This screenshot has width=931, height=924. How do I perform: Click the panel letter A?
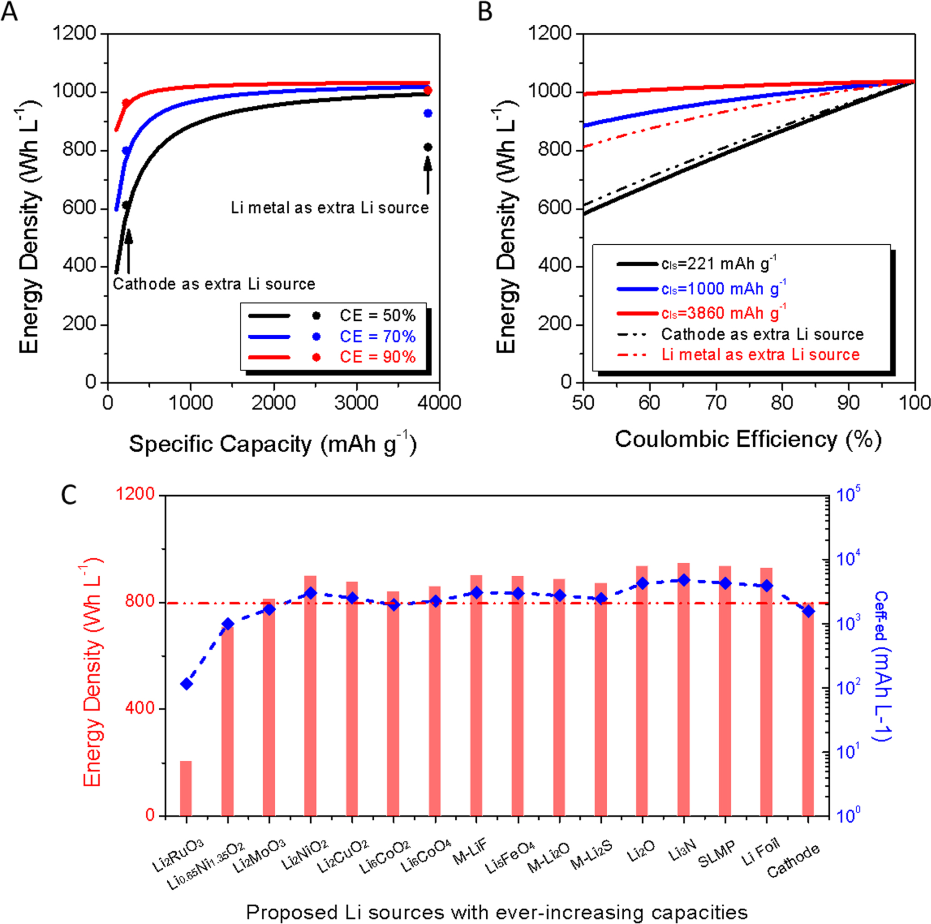point(9,12)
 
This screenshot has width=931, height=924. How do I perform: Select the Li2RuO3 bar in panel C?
point(186,788)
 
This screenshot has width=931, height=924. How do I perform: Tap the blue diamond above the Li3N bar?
point(683,580)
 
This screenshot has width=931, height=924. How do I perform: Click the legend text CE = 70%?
point(377,336)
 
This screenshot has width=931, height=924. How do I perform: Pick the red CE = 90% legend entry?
point(377,357)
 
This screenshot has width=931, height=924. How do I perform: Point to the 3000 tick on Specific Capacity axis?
point(357,403)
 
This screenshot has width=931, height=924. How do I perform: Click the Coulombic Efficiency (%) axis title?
point(748,440)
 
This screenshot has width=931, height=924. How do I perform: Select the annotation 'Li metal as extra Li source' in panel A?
point(330,208)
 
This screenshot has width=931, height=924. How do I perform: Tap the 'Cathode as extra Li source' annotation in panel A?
point(214,284)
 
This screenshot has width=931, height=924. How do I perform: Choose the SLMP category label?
point(717,854)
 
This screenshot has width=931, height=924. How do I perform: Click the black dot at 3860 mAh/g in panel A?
point(428,147)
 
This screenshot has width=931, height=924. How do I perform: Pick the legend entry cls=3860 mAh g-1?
point(723,313)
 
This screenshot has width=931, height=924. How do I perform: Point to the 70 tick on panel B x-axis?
point(716,403)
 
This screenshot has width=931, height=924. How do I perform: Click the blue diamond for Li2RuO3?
point(186,684)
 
